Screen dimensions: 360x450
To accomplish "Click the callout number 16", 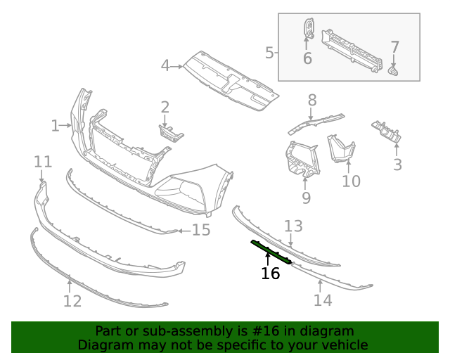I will pos(270,273).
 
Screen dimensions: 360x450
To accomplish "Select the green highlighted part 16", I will pos(271,252).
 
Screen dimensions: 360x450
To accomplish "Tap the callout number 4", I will pos(165,66).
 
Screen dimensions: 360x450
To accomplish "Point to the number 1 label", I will pos(55,126).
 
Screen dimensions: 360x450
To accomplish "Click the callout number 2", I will pos(165,108).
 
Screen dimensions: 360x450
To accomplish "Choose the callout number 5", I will pos(269,52).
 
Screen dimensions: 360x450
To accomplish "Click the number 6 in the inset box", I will pos(307,58).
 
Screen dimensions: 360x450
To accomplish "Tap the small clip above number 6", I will pos(308,29).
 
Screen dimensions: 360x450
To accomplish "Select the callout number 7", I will pos(395,48).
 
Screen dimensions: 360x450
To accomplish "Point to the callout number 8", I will pos(312,101).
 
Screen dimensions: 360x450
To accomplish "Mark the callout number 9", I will pos(306,198).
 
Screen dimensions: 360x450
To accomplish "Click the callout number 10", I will pos(351,181).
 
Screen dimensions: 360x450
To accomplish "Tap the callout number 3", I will pos(397,165).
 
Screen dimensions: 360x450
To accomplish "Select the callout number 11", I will pos(43,162).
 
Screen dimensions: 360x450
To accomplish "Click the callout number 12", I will pos(72,302).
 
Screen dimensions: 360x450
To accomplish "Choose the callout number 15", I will pos(201,230).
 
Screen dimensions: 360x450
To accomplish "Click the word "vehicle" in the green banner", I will pos(343,345).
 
